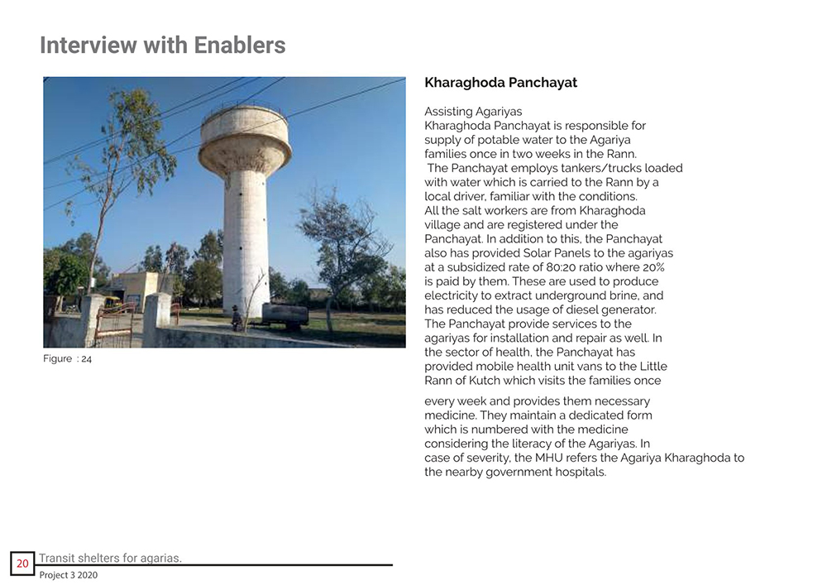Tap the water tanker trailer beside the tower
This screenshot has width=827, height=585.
point(284,314)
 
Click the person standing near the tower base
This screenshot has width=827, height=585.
point(237,318)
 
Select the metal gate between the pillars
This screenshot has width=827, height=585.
point(115,324)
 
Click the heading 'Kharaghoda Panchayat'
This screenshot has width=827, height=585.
point(500,83)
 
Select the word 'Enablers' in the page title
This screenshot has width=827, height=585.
point(240,45)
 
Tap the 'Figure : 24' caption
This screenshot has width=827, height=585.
point(67,359)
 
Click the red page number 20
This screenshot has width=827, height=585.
point(22,563)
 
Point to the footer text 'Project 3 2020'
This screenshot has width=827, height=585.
point(68,575)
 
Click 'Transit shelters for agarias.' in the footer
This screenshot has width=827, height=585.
point(110,558)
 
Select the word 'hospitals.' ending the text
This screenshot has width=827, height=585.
point(579,472)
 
